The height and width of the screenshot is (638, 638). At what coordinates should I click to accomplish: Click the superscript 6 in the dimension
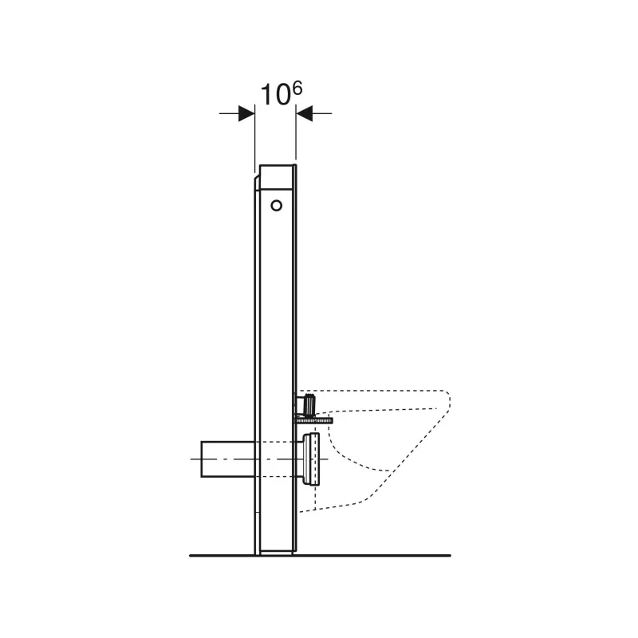click(x=297, y=89)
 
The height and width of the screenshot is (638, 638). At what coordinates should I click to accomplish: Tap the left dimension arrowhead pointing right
click(x=246, y=113)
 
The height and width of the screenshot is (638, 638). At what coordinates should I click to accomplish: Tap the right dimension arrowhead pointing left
click(x=305, y=113)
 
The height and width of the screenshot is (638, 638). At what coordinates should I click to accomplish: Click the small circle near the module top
click(x=276, y=206)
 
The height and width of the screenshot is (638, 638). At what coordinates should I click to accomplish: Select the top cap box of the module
click(x=276, y=177)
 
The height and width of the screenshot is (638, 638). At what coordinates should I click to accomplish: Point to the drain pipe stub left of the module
click(x=228, y=459)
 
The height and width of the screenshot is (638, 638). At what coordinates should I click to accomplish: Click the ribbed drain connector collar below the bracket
click(x=311, y=459)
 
